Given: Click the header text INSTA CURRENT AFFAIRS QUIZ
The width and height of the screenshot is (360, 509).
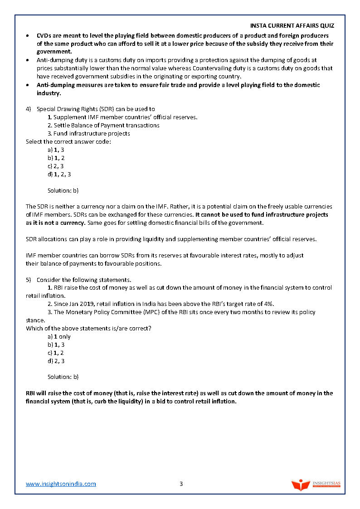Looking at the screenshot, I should click(292, 26).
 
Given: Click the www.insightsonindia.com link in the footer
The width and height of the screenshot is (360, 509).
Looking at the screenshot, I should click(61, 484).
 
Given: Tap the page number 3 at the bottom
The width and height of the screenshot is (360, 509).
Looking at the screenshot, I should click(181, 484).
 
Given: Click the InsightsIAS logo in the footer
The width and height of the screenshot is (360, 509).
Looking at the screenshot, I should click(316, 485).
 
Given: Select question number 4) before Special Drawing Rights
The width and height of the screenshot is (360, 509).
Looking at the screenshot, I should click(29, 109).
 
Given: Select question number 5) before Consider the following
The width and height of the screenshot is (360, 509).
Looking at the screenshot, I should click(29, 280).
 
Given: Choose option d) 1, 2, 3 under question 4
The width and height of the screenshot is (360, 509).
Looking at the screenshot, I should click(59, 174).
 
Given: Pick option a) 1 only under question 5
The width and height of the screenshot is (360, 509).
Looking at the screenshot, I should click(59, 336).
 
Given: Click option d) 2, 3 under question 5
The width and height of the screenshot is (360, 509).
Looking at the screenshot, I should click(56, 361).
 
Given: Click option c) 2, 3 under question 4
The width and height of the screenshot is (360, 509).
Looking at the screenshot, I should click(56, 166).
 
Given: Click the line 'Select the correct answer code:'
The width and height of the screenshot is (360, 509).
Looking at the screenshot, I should click(68, 141).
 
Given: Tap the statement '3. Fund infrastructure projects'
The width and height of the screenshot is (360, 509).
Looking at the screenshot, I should click(89, 133).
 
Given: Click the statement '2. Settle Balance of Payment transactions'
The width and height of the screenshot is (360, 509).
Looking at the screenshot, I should click(103, 125).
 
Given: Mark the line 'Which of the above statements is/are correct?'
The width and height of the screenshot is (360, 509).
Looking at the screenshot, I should click(88, 328).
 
